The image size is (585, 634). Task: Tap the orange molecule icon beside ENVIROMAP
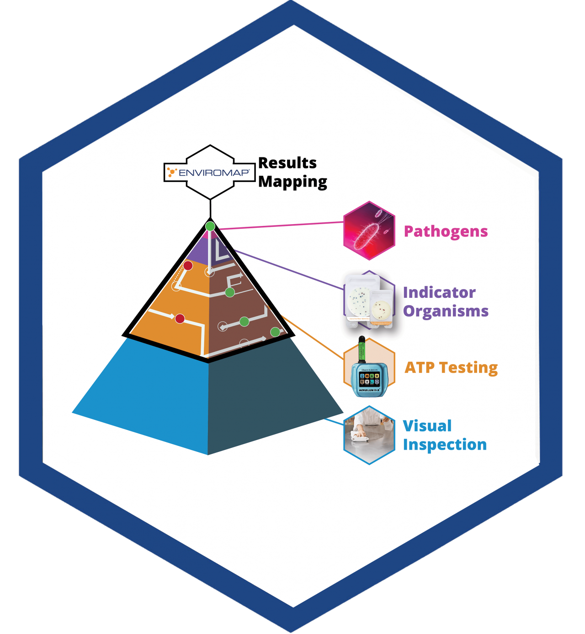[x=172, y=172]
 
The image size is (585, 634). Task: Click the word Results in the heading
[x=287, y=163]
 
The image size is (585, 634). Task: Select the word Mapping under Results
[x=292, y=182]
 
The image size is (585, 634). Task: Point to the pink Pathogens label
[x=446, y=231]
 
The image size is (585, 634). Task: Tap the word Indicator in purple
[x=439, y=292]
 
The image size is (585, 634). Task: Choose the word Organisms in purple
[x=446, y=311]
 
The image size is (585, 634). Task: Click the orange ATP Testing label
[x=451, y=367]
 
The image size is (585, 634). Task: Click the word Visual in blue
[x=427, y=426]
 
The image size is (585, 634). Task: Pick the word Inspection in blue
[x=445, y=445]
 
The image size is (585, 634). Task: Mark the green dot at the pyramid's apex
[x=210, y=226]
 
